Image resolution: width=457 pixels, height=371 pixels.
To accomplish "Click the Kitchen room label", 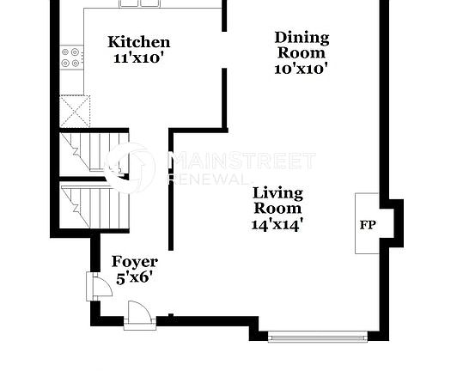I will (137, 42).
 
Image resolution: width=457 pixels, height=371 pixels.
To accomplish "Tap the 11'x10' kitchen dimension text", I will (137, 58).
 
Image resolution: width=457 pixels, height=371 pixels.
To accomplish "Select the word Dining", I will (302, 37).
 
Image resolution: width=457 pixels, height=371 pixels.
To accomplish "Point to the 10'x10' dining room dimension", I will (302, 69).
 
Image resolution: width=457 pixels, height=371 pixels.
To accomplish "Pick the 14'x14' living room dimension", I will (277, 224).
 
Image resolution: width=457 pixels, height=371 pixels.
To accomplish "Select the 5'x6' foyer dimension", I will (135, 277).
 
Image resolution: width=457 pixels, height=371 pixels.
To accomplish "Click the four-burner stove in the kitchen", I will (71, 58).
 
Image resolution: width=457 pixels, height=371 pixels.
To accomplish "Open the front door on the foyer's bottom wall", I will (137, 314).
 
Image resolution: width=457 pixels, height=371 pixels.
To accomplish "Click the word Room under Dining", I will (302, 52).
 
